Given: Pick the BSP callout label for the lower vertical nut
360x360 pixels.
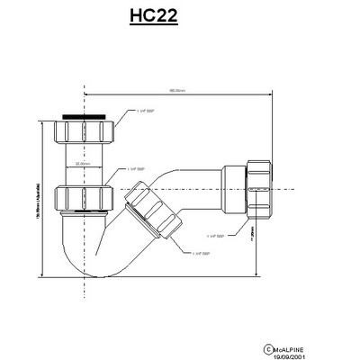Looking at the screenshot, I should tap(136, 167).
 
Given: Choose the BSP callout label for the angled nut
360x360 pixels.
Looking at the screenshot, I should tap(202, 255).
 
